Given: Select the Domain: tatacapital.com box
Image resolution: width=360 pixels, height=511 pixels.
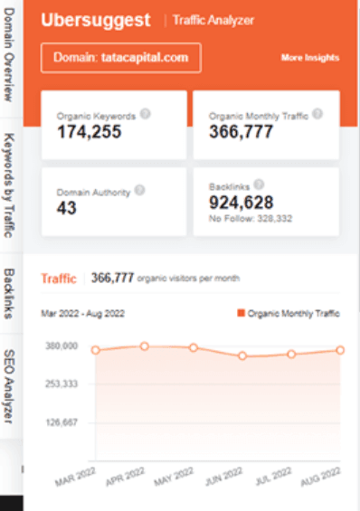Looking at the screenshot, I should click(x=120, y=57).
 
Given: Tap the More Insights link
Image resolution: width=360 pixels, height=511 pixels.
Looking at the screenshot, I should click(x=310, y=58).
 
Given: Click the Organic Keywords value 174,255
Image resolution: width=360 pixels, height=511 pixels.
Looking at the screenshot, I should click(x=89, y=132).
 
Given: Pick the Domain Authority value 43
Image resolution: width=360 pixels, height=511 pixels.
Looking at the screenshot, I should click(x=66, y=208).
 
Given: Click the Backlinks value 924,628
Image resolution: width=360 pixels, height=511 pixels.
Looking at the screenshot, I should click(x=241, y=202).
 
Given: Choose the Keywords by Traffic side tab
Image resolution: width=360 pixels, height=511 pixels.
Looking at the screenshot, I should click(x=11, y=185).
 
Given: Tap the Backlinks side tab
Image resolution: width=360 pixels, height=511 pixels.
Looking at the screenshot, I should click(x=11, y=293).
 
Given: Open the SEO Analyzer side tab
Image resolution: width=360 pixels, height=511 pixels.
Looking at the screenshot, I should click(x=11, y=384).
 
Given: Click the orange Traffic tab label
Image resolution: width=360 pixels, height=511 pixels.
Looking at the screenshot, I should click(x=59, y=279).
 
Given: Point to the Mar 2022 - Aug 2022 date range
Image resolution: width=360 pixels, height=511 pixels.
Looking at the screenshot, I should click(x=84, y=313).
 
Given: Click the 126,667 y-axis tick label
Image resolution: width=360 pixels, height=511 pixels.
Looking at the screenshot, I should click(x=61, y=422).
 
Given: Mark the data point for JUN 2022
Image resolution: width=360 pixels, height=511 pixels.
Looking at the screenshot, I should click(x=242, y=356).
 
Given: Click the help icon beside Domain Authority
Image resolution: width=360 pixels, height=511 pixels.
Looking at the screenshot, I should click(x=138, y=191).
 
